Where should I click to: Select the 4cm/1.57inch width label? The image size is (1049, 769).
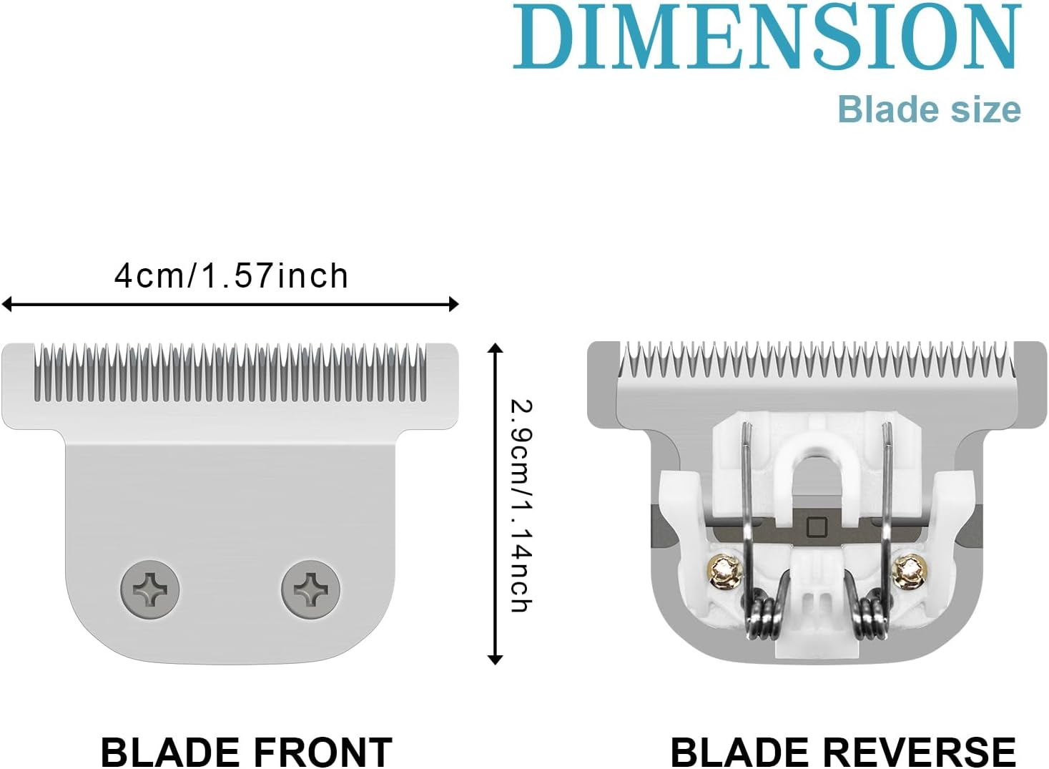click(231, 276)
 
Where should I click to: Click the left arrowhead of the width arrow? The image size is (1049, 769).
click(7, 305)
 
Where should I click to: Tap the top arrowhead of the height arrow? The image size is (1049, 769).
click(495, 348)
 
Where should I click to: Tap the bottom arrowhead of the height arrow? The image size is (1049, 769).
click(495, 660)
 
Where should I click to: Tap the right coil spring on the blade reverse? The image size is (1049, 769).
click(872, 619)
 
